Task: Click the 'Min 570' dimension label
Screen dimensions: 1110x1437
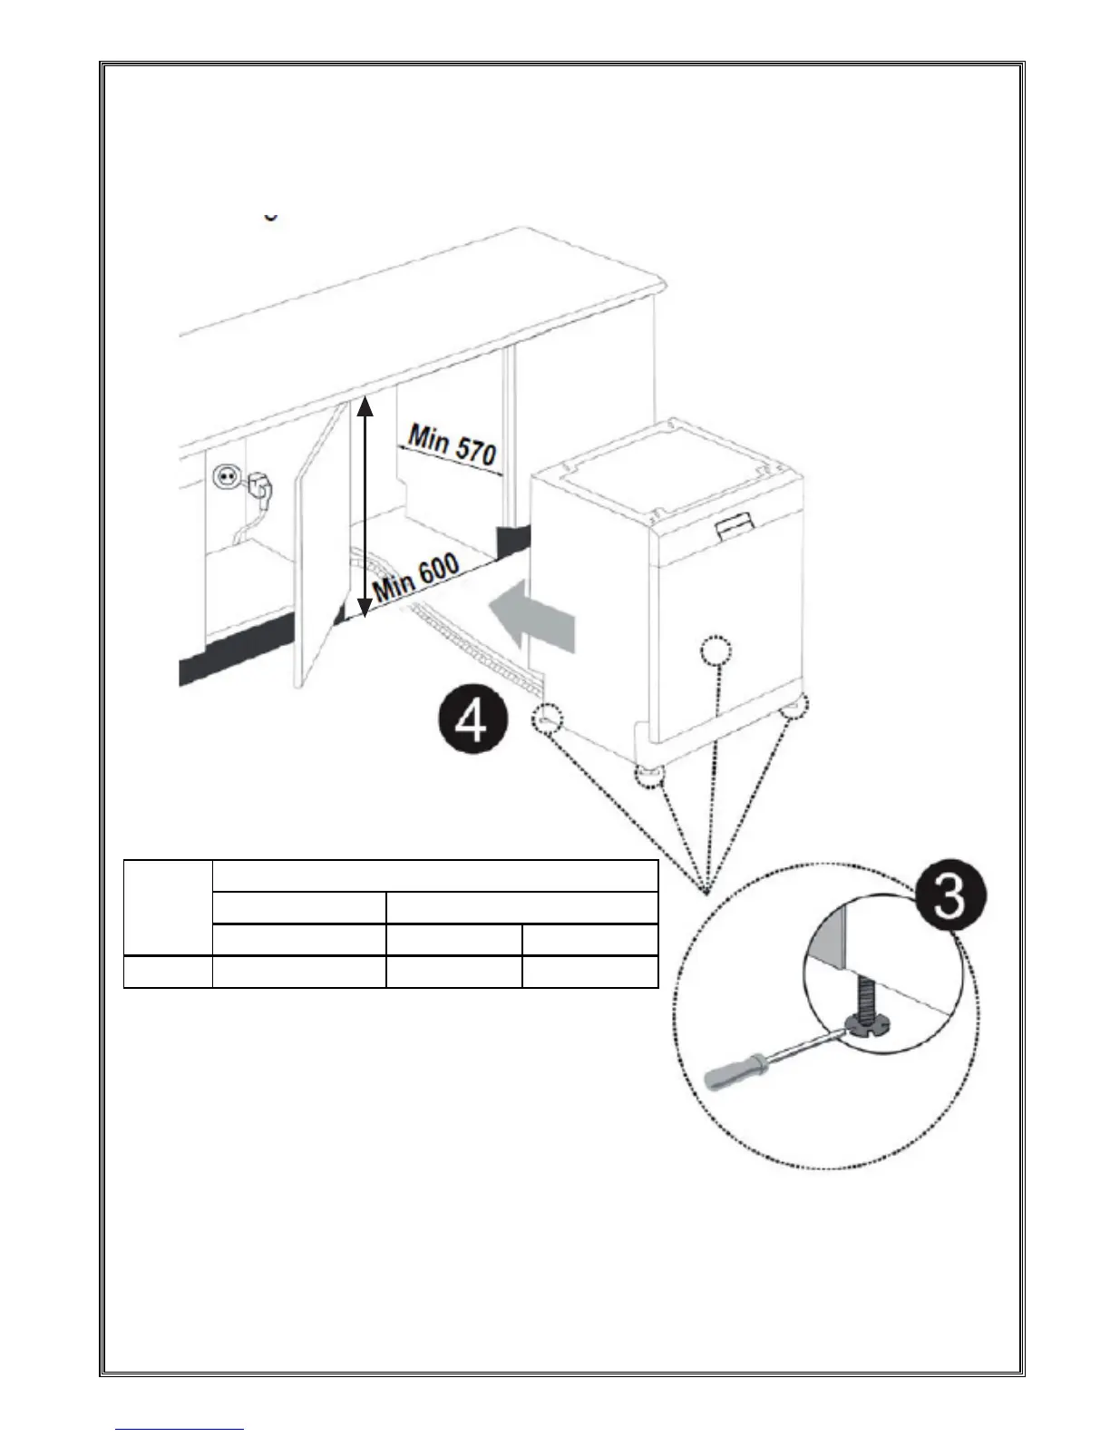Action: [x=452, y=446]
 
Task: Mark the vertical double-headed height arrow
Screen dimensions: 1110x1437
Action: [x=364, y=507]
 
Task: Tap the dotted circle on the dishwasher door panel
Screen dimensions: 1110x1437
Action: [x=716, y=651]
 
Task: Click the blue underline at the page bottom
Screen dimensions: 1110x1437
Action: [x=180, y=1430]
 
